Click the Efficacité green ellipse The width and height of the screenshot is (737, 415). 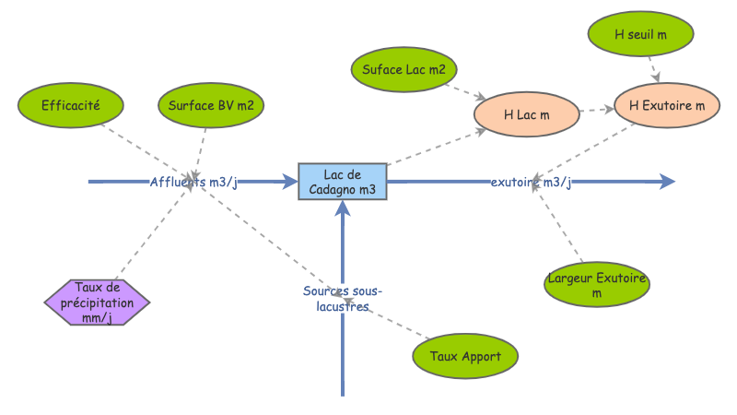tap(70, 105)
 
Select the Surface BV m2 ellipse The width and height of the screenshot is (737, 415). tap(212, 105)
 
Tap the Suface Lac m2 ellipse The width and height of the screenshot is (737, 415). tap(404, 69)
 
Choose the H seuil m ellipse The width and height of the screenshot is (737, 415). tap(640, 34)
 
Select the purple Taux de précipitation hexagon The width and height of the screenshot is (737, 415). tap(97, 302)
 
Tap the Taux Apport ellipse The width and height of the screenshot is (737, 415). tap(465, 354)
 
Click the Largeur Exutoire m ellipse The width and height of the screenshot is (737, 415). tap(597, 285)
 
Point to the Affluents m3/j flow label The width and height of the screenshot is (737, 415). tap(193, 182)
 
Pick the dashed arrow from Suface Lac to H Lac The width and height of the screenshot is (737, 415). tap(465, 91)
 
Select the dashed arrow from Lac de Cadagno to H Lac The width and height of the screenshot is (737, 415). tap(433, 148)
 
